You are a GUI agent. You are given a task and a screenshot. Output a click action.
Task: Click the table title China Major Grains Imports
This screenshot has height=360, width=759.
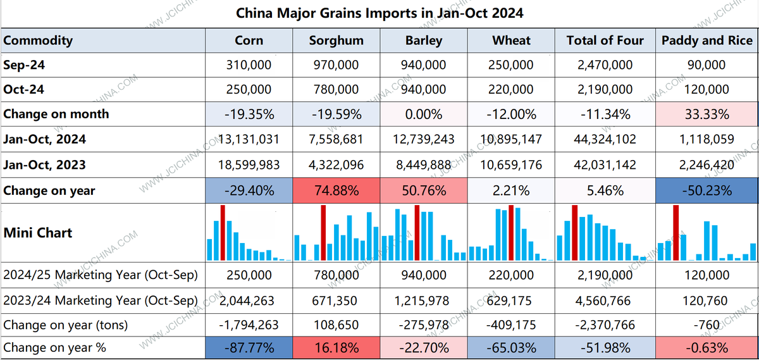[x=379, y=13]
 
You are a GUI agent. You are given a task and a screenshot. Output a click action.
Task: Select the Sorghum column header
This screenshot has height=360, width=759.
[x=336, y=40]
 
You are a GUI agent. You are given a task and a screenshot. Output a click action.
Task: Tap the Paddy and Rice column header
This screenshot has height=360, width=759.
[x=707, y=40]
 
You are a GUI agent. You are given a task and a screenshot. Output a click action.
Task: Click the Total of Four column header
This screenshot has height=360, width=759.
[x=605, y=40]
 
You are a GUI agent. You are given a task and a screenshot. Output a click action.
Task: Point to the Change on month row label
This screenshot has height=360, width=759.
[x=56, y=115]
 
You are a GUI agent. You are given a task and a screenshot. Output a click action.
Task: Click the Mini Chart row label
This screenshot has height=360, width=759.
[x=38, y=233]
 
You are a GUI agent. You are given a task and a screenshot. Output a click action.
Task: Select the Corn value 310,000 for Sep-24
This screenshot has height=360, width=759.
[x=249, y=65]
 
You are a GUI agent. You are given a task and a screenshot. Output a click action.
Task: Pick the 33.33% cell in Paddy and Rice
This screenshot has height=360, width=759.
[x=707, y=115]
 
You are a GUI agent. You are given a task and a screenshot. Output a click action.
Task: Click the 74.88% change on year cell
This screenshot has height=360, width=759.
[x=336, y=190]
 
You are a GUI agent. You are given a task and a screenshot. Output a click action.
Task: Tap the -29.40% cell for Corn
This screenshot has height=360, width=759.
[x=249, y=190]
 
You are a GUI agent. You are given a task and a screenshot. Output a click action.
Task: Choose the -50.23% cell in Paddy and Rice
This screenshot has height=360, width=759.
[x=707, y=190]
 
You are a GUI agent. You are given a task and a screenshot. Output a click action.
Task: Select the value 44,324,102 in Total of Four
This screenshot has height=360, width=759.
[x=605, y=139]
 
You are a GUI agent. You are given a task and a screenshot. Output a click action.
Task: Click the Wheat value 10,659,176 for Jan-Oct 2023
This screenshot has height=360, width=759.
[x=511, y=164]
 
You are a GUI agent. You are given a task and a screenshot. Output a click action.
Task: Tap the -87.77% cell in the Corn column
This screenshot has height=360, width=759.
[x=249, y=347]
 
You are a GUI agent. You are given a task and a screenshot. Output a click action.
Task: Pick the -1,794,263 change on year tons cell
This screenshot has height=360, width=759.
[x=249, y=325]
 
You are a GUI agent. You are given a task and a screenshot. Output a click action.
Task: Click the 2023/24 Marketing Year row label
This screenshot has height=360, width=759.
[x=101, y=301]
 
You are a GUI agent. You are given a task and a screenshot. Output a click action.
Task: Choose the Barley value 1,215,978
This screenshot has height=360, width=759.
[x=423, y=301]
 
